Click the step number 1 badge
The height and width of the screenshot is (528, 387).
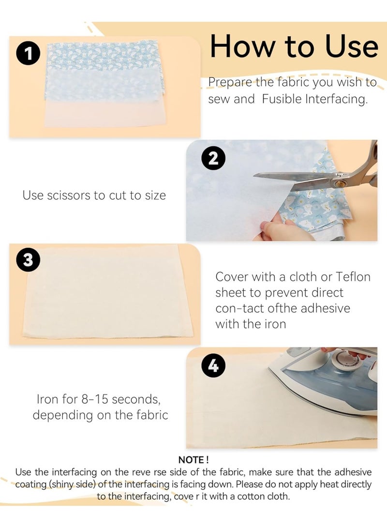click(29, 53)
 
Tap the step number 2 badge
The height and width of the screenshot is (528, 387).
click(213, 158)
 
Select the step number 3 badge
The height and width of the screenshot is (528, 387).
click(28, 260)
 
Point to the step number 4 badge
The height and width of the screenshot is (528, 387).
click(213, 365)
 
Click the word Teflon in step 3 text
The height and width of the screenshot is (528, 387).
click(353, 277)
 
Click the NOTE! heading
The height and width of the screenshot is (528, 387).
click(193, 460)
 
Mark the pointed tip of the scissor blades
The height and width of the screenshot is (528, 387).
click(254, 175)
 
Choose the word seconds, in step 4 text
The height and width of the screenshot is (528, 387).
click(136, 399)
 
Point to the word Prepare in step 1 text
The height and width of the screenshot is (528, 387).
click(230, 82)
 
